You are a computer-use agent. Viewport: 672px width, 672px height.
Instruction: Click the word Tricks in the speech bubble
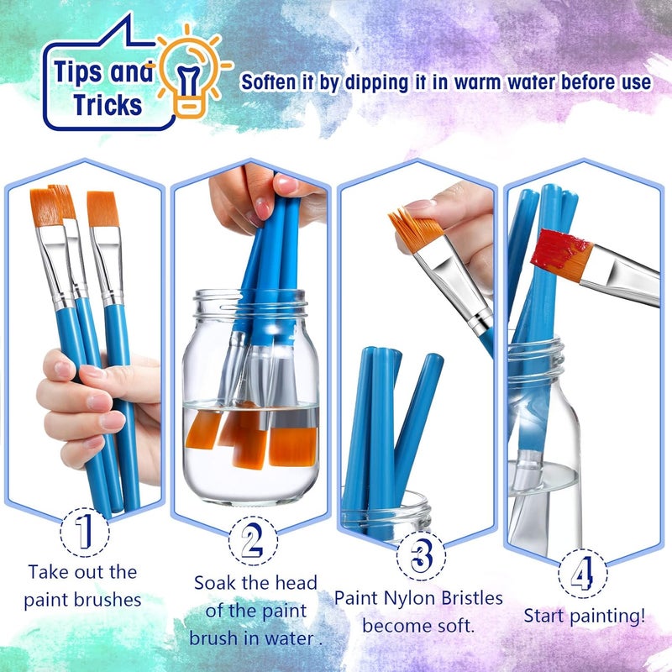[x=107, y=105]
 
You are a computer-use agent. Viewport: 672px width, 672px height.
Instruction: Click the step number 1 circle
[x=83, y=531]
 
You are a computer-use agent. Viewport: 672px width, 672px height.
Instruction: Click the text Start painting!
[x=585, y=616]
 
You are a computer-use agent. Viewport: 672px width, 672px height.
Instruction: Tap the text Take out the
[x=82, y=572]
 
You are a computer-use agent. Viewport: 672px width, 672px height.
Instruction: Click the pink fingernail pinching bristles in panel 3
[x=417, y=205]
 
